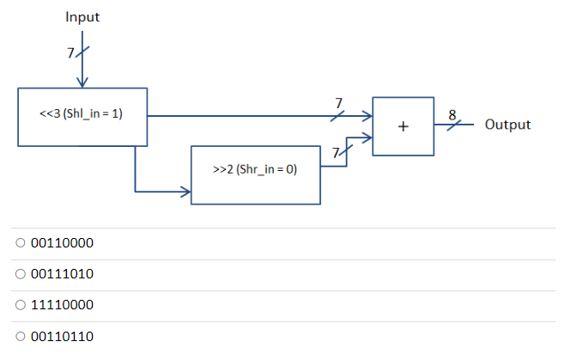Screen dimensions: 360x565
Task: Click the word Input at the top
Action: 82,16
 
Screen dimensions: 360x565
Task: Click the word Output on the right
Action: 507,125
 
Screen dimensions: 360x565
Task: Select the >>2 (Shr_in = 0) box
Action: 255,169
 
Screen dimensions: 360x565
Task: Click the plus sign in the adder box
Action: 403,126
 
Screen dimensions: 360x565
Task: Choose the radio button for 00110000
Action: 20,244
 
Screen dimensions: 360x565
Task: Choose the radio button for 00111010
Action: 20,275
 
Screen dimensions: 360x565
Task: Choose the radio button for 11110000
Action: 20,305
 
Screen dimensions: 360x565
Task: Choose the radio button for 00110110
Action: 20,336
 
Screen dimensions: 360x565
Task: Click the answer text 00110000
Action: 62,244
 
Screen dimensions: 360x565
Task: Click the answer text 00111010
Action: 62,275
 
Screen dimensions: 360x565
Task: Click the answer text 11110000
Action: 62,305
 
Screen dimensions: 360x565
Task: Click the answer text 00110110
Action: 62,336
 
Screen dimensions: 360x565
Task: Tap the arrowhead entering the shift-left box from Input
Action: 82,82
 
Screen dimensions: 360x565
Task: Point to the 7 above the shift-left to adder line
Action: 338,103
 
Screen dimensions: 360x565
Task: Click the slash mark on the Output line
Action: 457,125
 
